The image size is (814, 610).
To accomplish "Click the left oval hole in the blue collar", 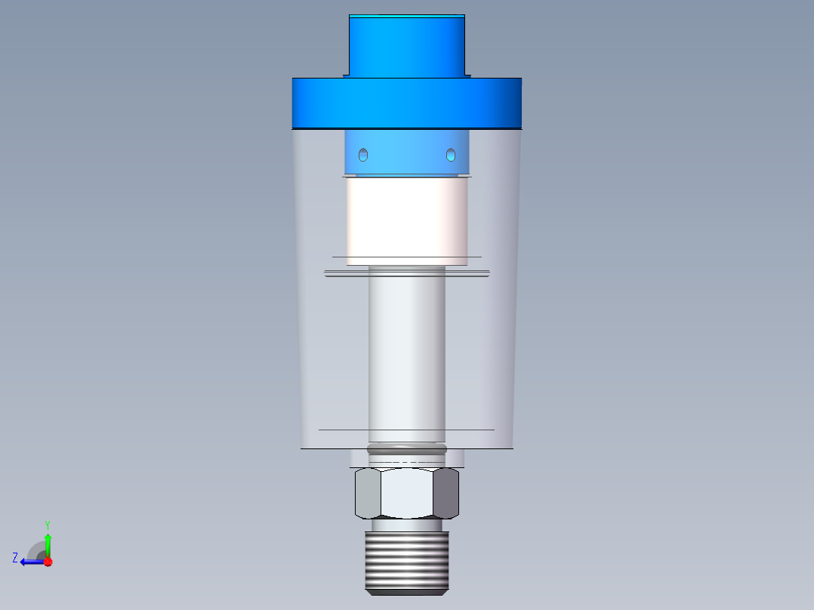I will pos(363,155).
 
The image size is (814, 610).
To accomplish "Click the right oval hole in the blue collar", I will pos(451,155).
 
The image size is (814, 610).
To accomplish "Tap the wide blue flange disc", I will pos(406,103).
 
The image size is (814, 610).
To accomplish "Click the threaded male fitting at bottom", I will pos(406,562).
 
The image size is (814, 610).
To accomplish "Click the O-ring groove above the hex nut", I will pos(406,451).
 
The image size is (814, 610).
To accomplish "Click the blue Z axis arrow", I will pos(32,562).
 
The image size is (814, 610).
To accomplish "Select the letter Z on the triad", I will pos(15,558).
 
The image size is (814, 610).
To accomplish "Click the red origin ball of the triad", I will pos(48,562).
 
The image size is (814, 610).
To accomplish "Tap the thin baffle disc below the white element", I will pos(406,273).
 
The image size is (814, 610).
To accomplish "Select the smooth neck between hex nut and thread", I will pos(406,525).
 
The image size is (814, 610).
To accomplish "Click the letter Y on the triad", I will pos(47,524).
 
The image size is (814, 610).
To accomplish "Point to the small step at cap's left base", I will pos(346,75).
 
